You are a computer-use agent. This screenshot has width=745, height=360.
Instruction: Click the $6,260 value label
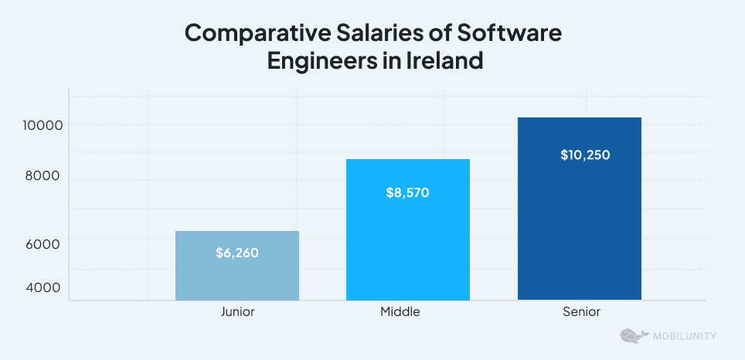tap(237, 253)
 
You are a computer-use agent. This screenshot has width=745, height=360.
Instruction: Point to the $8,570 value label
tap(407, 193)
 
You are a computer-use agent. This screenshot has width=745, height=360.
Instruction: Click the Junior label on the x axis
tap(237, 312)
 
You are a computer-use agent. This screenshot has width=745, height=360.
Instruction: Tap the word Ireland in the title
tap(444, 61)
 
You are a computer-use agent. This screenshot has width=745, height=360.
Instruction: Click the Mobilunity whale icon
tap(634, 336)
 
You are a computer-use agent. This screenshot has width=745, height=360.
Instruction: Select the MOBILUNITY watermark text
tap(685, 336)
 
